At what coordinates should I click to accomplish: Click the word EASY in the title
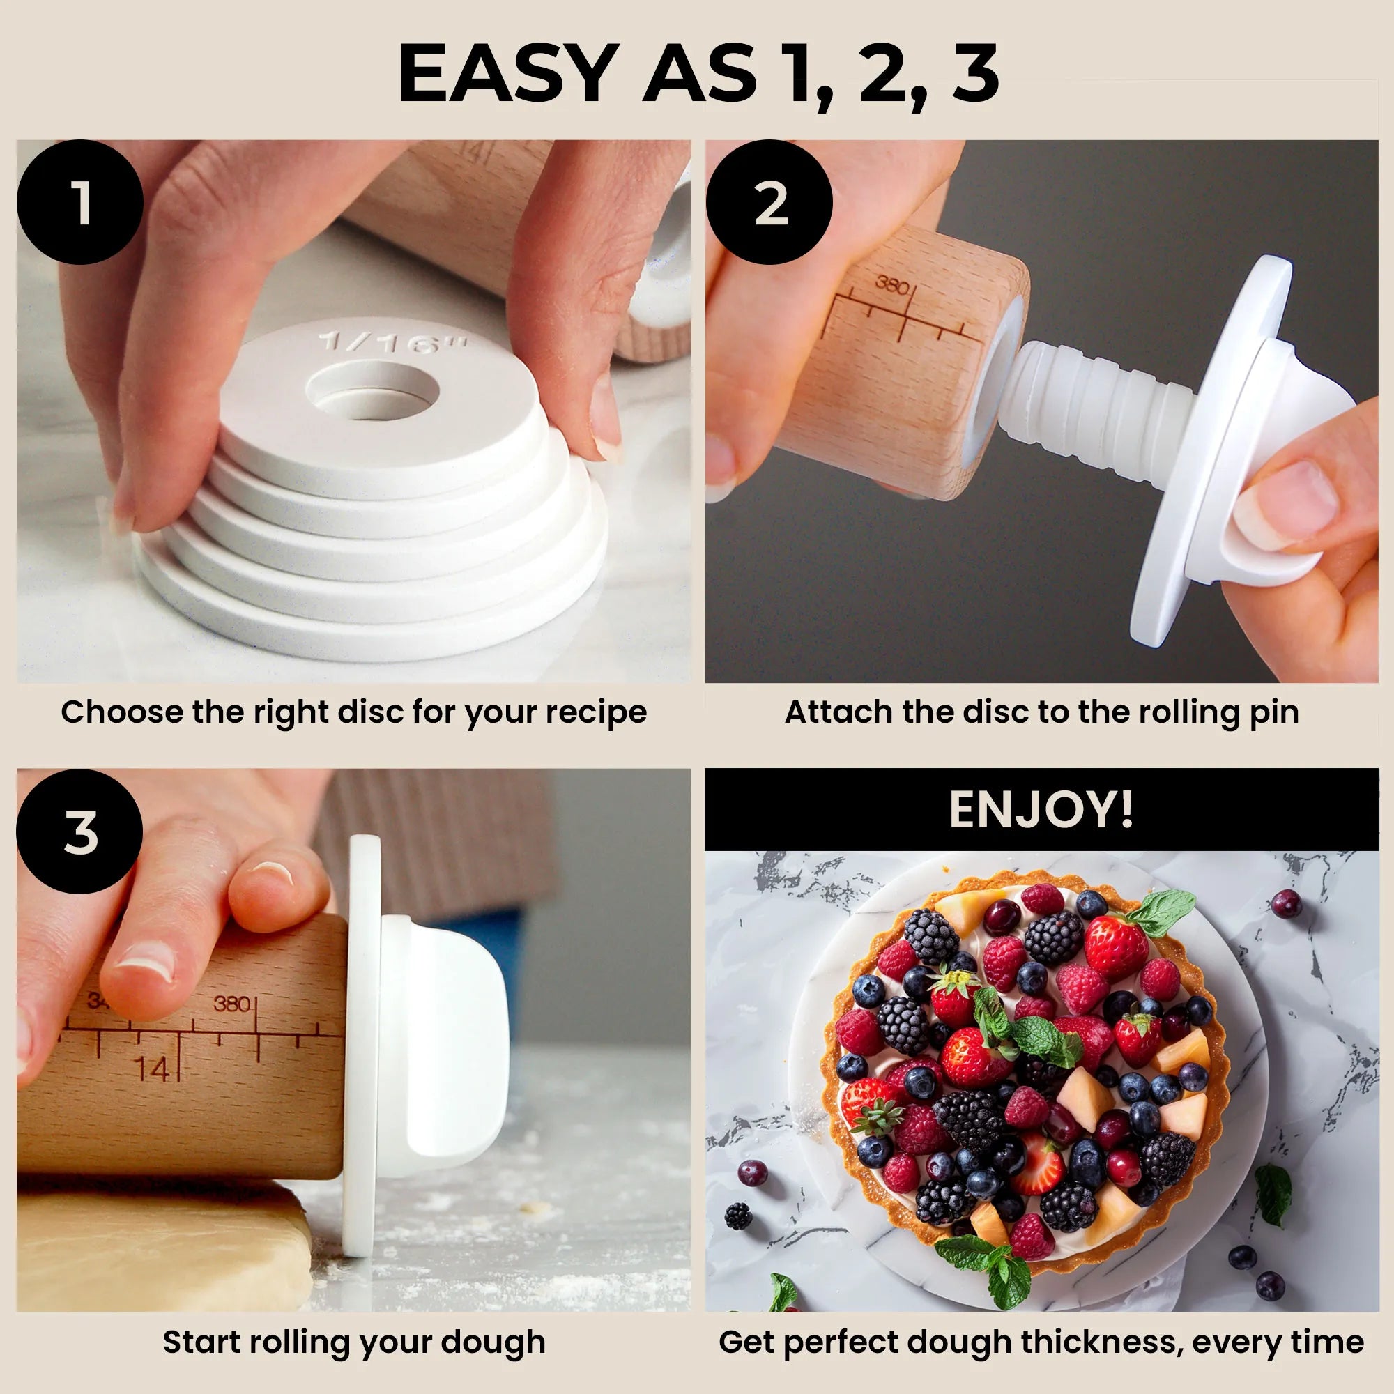(509, 75)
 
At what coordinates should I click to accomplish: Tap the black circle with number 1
(80, 203)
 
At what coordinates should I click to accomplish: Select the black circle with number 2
(769, 203)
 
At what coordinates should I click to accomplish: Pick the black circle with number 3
(80, 832)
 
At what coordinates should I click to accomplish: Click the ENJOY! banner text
(1041, 809)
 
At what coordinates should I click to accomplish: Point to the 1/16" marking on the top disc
(393, 342)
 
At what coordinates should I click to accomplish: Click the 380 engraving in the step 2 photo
(892, 286)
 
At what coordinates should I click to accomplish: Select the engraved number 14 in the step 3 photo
(153, 1069)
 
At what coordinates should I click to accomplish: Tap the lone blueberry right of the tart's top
(1285, 903)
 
